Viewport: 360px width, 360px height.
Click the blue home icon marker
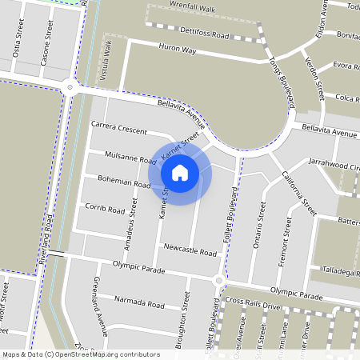point(180,172)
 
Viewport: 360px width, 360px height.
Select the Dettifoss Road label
point(205,35)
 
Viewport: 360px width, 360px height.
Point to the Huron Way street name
point(178,50)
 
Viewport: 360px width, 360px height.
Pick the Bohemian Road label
point(123,183)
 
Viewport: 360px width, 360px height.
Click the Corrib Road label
point(105,210)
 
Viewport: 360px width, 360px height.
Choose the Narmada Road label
point(139,304)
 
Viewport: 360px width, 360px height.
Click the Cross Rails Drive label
point(253,303)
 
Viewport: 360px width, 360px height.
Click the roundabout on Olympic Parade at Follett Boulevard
point(218,281)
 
